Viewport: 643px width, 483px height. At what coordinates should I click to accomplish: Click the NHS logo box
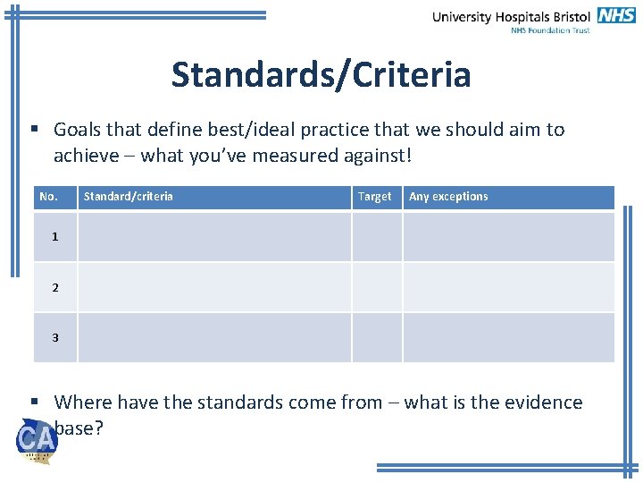point(617,15)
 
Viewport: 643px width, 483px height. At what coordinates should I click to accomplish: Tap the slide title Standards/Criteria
point(321,74)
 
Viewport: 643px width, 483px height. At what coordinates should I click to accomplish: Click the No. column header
point(48,197)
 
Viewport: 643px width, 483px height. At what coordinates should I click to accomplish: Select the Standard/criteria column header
point(128,197)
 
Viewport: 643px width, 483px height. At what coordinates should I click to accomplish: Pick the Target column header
point(374,197)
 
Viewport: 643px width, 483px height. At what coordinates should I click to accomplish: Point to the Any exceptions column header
point(448,197)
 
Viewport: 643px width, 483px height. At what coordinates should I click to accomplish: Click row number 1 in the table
point(55,237)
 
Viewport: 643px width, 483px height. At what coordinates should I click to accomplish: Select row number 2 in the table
point(55,287)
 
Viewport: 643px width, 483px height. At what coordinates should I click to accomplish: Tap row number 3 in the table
point(55,337)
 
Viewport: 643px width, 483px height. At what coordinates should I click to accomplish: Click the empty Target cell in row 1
point(377,237)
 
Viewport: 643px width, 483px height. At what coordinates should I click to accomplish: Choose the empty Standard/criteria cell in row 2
point(214,287)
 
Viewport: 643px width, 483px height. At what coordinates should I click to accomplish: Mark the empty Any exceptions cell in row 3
point(508,337)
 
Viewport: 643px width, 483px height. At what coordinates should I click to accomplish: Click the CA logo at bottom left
point(37,441)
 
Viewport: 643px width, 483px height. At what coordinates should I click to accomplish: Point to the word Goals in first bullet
point(78,130)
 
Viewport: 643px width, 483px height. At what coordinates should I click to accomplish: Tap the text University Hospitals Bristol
point(511,16)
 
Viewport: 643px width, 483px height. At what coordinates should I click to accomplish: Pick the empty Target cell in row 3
point(377,337)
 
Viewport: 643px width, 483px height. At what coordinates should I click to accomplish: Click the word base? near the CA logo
point(79,428)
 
